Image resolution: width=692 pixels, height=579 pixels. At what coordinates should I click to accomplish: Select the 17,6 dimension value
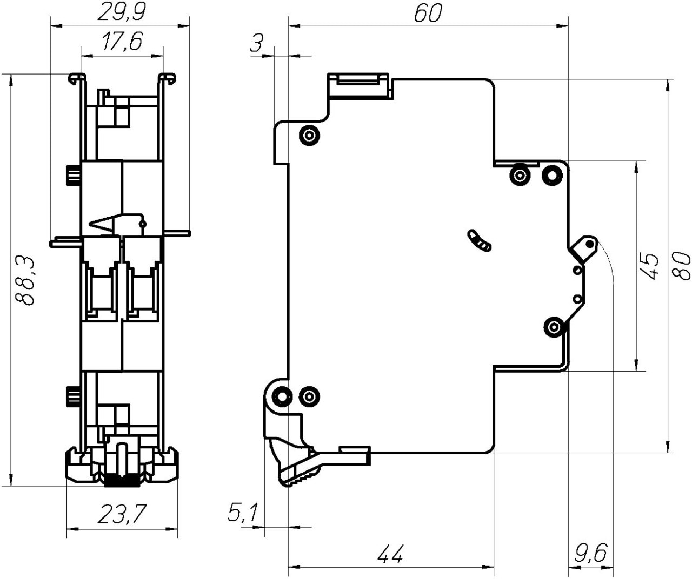click(122, 42)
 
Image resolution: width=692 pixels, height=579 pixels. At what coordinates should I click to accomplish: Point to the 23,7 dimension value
click(122, 514)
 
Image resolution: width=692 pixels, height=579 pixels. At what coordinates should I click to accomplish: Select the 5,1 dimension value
click(243, 513)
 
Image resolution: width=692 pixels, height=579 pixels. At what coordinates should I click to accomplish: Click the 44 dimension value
click(390, 554)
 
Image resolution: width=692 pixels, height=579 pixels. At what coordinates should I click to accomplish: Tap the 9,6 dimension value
click(590, 554)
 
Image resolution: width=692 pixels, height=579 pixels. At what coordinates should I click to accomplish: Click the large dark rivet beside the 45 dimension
click(552, 174)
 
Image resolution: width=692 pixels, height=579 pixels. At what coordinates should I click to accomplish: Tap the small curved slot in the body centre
click(480, 240)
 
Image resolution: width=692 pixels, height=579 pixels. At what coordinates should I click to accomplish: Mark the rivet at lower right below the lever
click(554, 327)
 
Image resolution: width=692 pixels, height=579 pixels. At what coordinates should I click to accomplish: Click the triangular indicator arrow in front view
click(106, 223)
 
